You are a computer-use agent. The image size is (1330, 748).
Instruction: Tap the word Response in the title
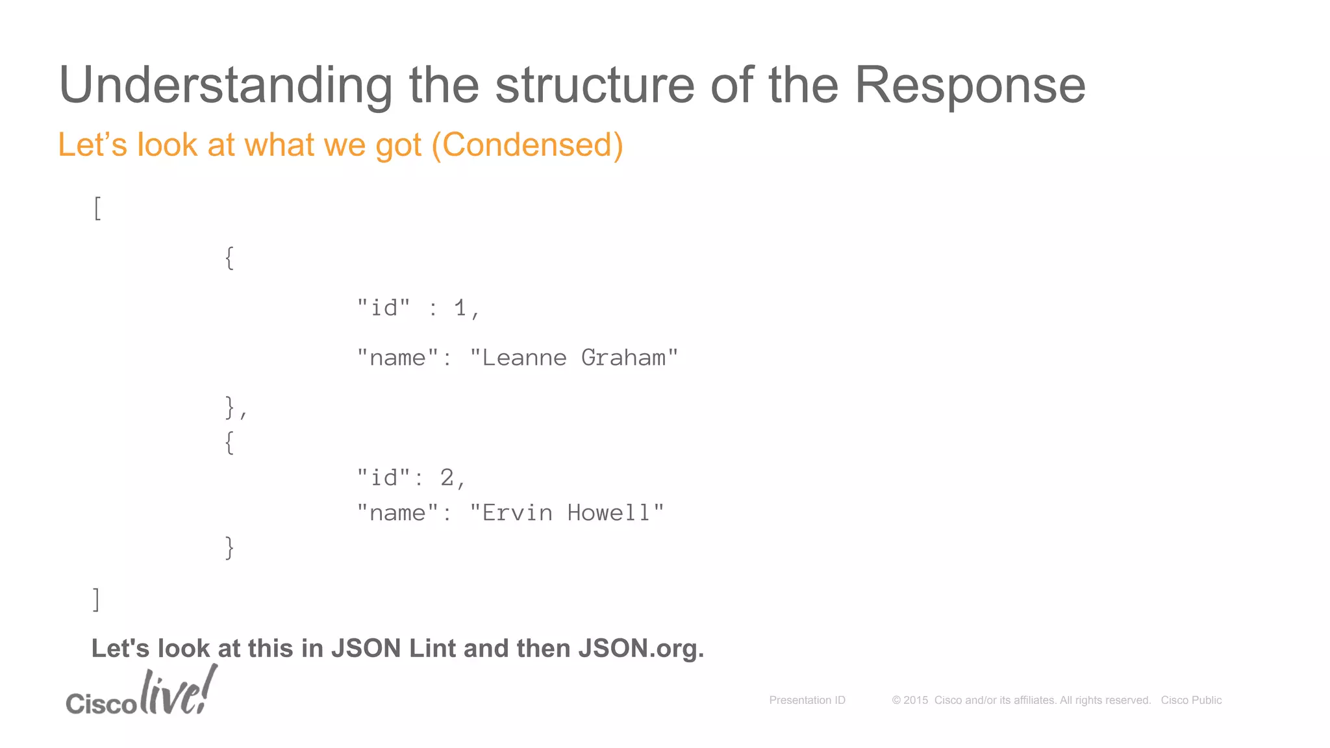click(970, 86)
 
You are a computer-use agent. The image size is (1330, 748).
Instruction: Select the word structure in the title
click(595, 86)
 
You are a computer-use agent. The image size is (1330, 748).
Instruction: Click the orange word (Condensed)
click(527, 144)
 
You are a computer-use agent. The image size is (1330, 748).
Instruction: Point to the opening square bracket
click(97, 208)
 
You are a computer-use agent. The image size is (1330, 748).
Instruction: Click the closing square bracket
click(96, 599)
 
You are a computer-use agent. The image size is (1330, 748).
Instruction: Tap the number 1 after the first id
click(460, 308)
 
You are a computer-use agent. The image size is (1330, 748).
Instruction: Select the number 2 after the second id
click(447, 478)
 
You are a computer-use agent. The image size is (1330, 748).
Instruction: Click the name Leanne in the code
click(524, 358)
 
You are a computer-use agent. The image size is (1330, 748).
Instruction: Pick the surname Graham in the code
click(623, 358)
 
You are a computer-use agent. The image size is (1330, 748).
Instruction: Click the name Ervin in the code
click(517, 513)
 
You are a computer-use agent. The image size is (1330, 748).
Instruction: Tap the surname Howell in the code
click(609, 513)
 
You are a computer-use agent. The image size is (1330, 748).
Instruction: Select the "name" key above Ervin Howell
click(397, 513)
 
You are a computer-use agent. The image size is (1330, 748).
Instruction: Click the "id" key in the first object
click(384, 308)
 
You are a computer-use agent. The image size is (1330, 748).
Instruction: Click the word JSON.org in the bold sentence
click(640, 648)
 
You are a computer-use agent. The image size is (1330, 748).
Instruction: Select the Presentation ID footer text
click(807, 700)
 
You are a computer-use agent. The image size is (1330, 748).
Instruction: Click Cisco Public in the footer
click(1191, 700)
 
